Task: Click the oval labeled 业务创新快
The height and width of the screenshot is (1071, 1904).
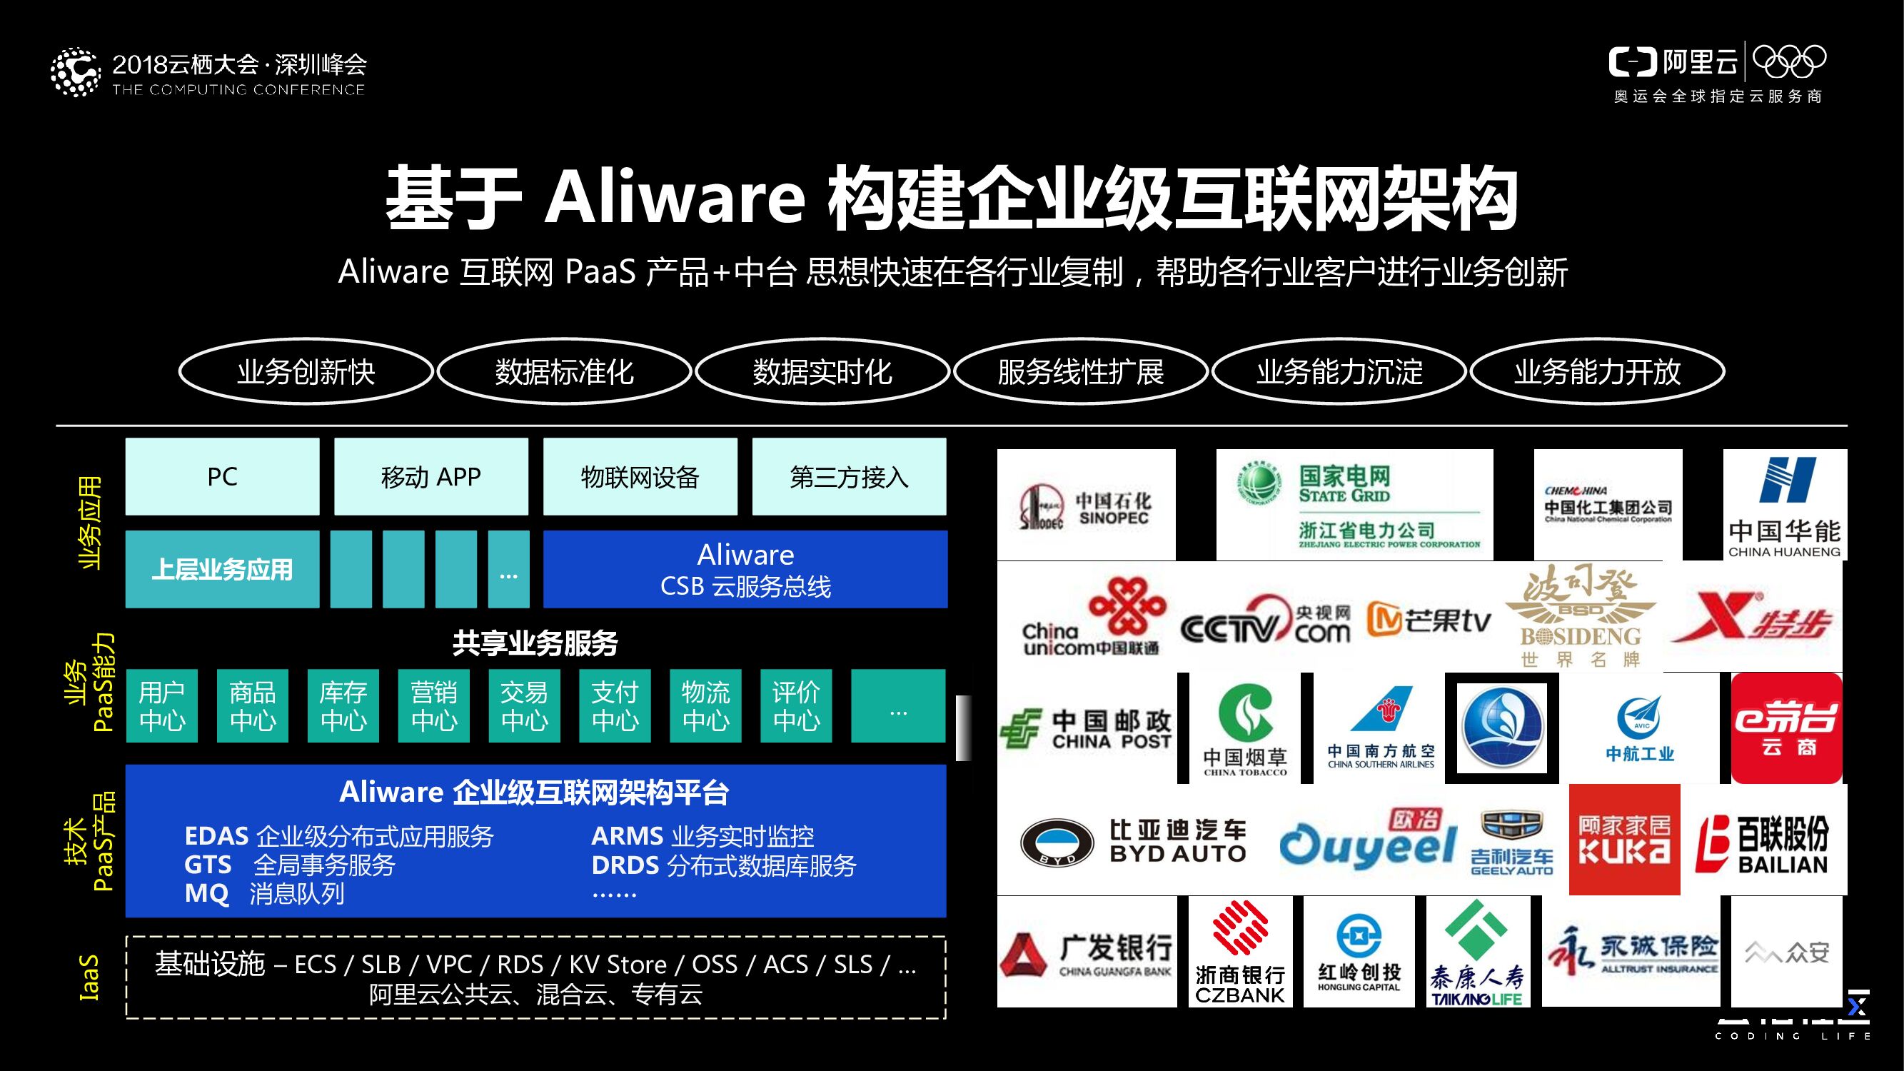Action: pos(306,372)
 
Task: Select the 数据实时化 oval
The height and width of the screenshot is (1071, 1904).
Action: pos(822,372)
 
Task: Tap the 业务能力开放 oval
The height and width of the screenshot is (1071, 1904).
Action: pos(1597,372)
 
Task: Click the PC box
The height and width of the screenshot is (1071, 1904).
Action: pos(222,477)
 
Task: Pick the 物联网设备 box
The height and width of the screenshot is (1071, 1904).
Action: pos(640,477)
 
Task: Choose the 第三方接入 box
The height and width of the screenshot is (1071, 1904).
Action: pos(849,477)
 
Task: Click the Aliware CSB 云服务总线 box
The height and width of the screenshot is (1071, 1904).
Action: pos(745,569)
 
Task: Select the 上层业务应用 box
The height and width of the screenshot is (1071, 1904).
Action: pos(222,569)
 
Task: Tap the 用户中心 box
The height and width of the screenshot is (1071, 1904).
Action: pos(161,706)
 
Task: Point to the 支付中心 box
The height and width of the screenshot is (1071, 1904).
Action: pos(614,706)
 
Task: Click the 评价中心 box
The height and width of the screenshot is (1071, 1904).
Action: pos(795,706)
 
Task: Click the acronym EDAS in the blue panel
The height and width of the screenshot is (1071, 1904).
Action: pos(216,836)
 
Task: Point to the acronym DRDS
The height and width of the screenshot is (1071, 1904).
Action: pos(625,865)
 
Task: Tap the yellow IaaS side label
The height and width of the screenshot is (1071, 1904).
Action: pos(89,977)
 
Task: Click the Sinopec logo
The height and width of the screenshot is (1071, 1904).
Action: pos(1086,506)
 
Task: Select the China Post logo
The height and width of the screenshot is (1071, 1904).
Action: pos(1086,729)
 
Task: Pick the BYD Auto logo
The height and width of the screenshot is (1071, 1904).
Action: pos(1133,841)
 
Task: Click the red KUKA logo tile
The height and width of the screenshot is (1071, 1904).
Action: pos(1624,840)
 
